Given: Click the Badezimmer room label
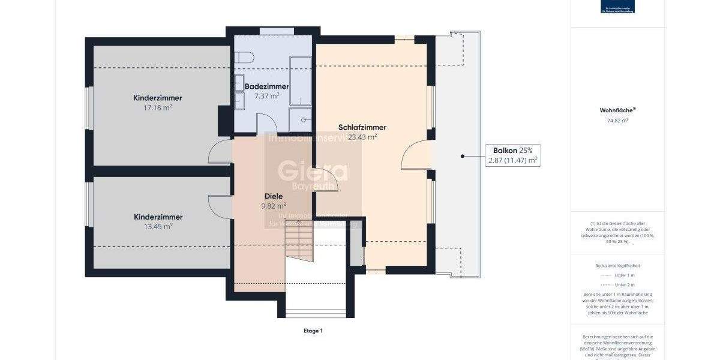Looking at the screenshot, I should (x=267, y=86).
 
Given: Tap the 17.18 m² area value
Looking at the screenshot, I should (x=158, y=108).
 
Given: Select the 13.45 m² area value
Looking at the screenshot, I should (x=158, y=227).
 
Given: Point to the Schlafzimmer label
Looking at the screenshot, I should (x=362, y=127).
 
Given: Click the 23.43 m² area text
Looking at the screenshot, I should (x=362, y=137).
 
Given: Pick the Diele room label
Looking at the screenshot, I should (x=273, y=196).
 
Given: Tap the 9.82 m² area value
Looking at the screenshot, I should (x=273, y=205).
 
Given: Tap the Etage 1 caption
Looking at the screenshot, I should (x=313, y=331).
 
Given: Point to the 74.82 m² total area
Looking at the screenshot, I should (x=617, y=121).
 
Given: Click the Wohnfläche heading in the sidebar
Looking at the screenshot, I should (x=617, y=110).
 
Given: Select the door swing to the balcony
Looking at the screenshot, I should (x=415, y=155).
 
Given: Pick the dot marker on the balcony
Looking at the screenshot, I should (x=463, y=156).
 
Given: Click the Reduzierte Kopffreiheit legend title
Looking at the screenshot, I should (x=617, y=265).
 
